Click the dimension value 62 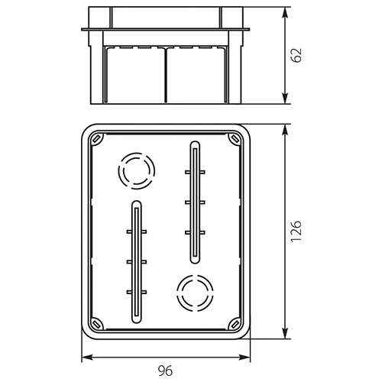click(296, 55)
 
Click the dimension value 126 click(296, 231)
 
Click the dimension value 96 click(165, 371)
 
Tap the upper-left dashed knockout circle click(137, 171)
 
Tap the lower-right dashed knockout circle click(195, 293)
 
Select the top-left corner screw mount click(97, 139)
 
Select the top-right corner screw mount click(235, 139)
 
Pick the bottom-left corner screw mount click(97, 324)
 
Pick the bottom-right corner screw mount click(235, 324)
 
